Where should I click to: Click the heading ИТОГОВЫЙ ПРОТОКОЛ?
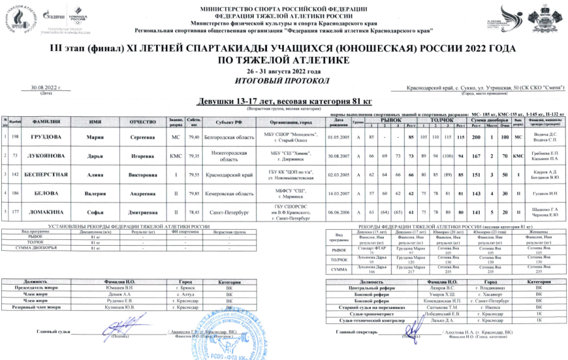pyautogui.click(x=283, y=80)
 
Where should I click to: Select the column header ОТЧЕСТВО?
pyautogui.click(x=146, y=121)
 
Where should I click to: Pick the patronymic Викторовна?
pyautogui.click(x=146, y=174)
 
